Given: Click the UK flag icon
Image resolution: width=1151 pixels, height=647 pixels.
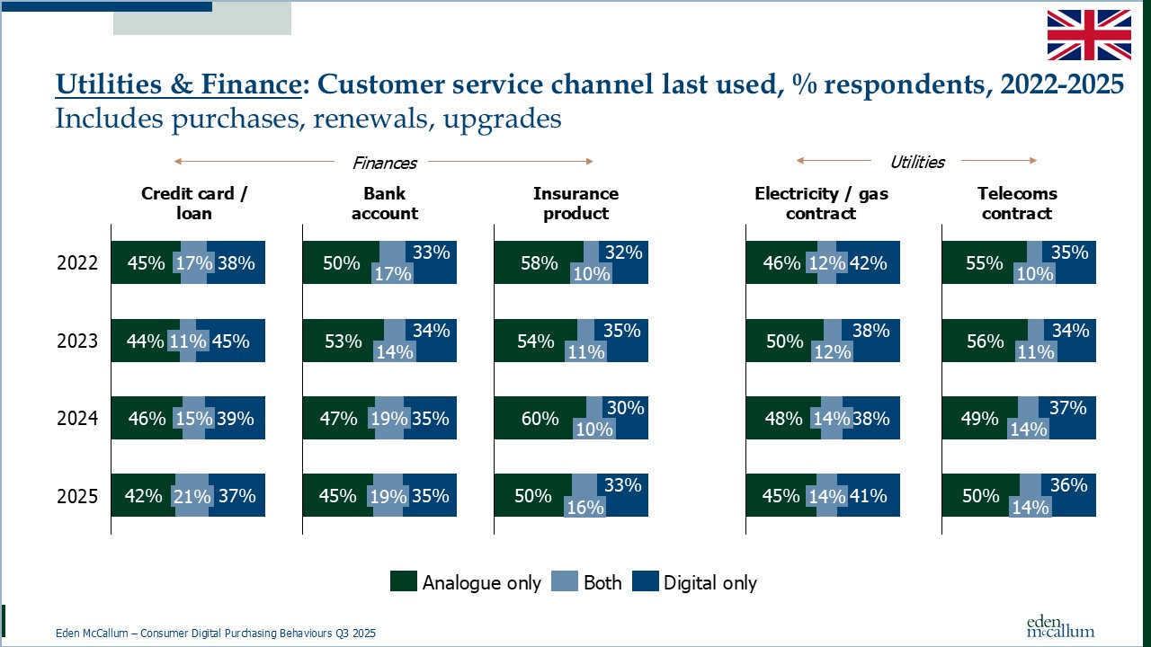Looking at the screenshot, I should (1089, 34).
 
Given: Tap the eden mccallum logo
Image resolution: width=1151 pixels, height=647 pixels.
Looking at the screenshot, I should (1060, 626).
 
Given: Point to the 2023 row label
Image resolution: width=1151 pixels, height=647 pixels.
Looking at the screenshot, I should (76, 341).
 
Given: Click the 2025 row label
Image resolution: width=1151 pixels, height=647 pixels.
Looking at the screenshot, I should (76, 496).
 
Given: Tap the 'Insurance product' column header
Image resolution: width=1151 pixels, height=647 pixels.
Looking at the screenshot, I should (575, 203).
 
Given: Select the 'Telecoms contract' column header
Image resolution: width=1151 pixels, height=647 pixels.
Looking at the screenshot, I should (1017, 203).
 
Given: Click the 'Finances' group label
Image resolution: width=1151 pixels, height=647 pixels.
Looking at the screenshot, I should (384, 163).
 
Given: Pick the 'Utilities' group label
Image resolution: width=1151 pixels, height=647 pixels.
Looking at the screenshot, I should (916, 163).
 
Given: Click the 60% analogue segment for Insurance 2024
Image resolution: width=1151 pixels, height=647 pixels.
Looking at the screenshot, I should (540, 419).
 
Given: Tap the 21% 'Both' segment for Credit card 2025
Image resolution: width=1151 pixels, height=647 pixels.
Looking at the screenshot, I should (192, 496).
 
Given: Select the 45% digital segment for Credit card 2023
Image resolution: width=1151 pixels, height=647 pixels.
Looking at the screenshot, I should (230, 341).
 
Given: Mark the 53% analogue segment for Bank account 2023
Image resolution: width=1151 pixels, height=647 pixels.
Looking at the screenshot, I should (343, 341).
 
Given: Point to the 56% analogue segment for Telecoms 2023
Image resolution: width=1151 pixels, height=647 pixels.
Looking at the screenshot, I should (984, 341).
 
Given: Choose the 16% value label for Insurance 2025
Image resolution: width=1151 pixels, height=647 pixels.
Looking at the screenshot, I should (584, 507).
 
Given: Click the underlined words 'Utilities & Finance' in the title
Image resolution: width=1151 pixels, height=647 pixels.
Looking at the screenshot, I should (178, 84).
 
